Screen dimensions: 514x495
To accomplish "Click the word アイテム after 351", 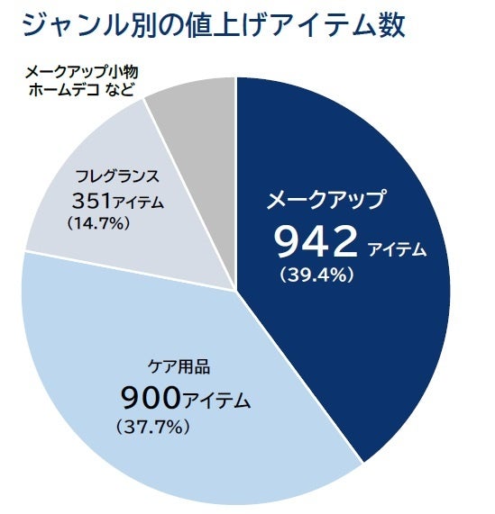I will tap(140, 203).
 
